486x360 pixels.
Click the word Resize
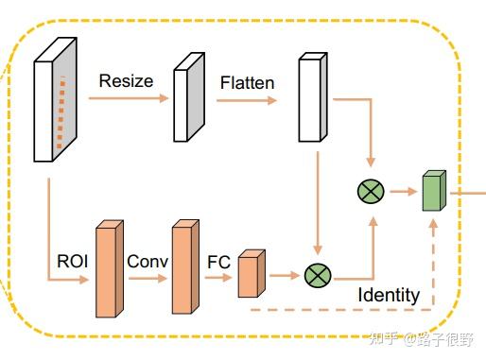pyautogui.click(x=126, y=80)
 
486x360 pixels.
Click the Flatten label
pyautogui.click(x=247, y=82)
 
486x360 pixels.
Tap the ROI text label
pyautogui.click(x=73, y=261)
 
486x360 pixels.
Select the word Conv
pyautogui.click(x=147, y=261)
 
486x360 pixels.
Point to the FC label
pyautogui.click(x=218, y=261)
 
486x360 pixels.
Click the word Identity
pyautogui.click(x=388, y=295)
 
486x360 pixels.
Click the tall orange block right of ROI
pyautogui.click(x=109, y=270)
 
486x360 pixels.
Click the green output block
pyautogui.click(x=432, y=192)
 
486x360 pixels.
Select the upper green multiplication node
pyautogui.click(x=369, y=192)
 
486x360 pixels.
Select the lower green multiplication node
pyautogui.click(x=316, y=276)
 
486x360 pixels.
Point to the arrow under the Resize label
pyautogui.click(x=132, y=97)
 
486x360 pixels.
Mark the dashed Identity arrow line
pyautogui.click(x=340, y=309)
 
